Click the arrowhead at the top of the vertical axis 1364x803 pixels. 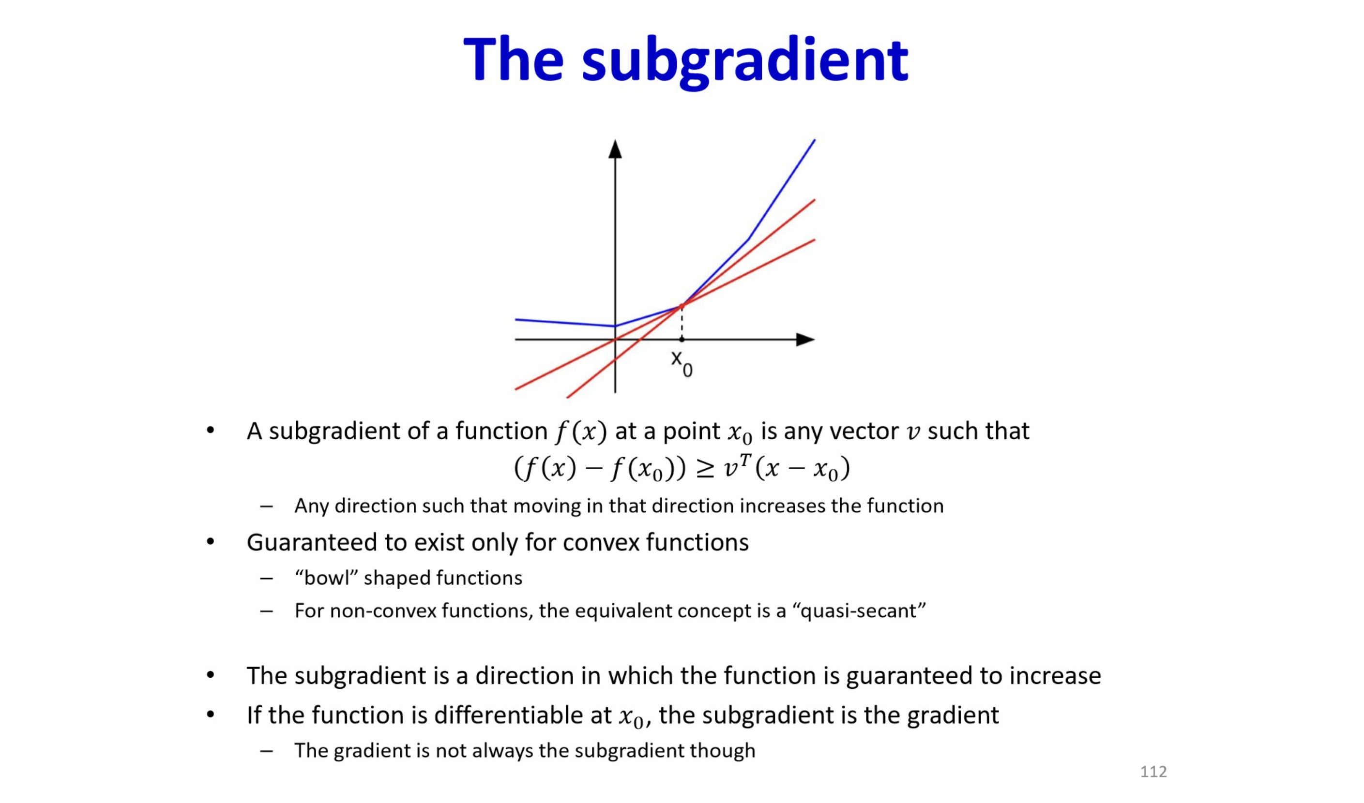tap(615, 149)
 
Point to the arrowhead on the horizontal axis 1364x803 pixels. tap(805, 339)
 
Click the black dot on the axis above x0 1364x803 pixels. tap(682, 339)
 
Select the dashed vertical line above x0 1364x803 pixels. tap(682, 323)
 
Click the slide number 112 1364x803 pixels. tap(1153, 772)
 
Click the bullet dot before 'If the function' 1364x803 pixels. tap(211, 715)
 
